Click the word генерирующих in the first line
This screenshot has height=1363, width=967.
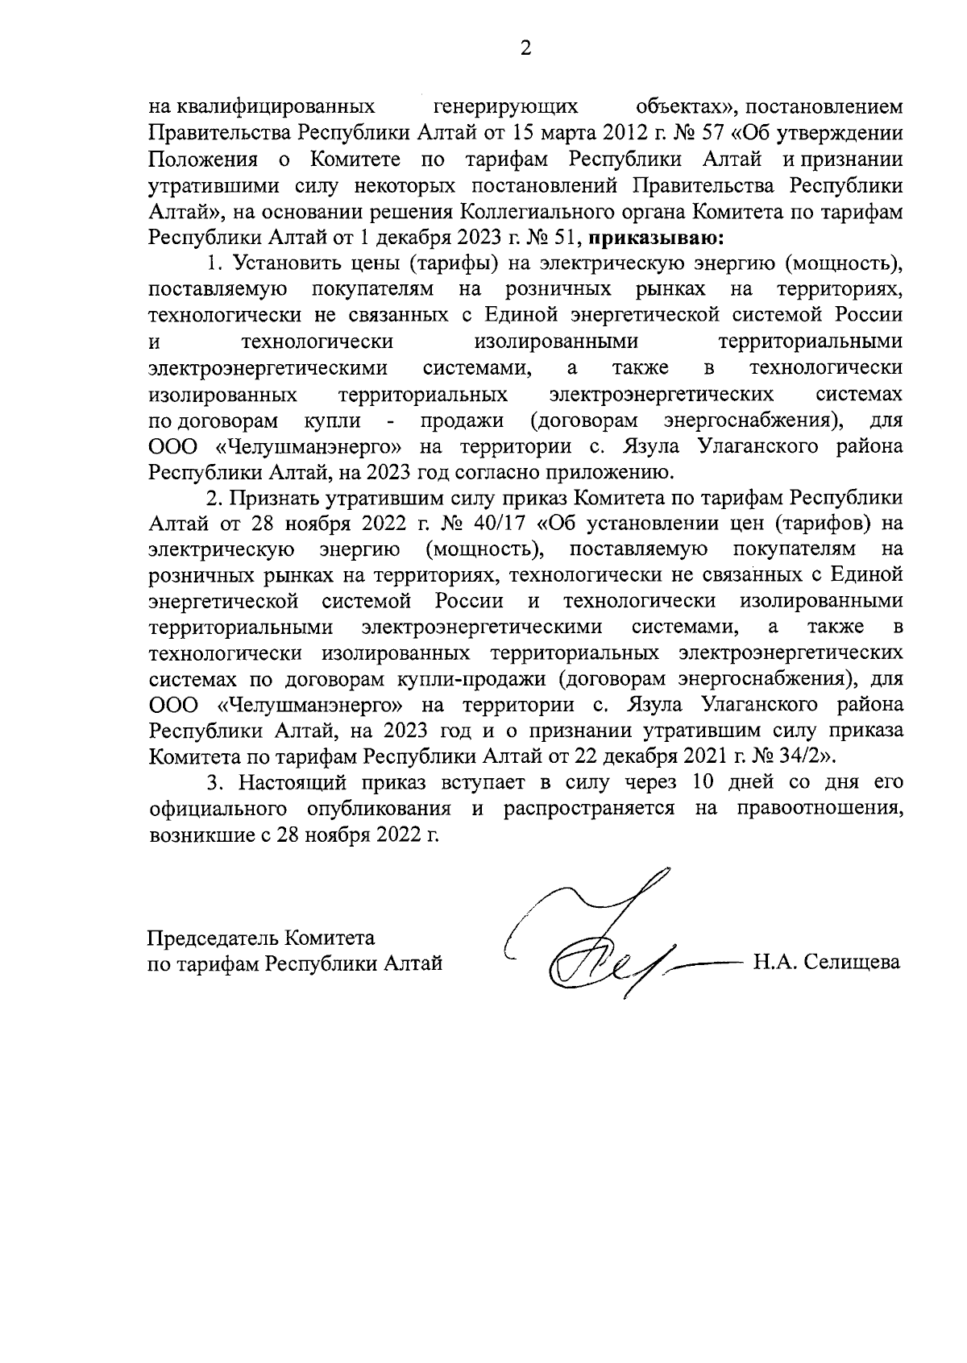point(505,106)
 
